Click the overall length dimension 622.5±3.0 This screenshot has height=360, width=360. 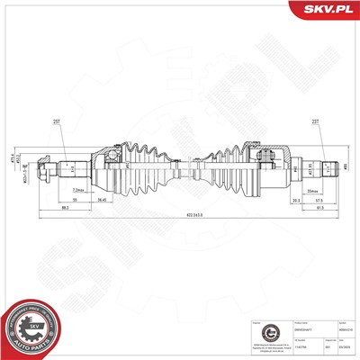tap(188, 216)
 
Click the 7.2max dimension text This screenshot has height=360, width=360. tap(79, 191)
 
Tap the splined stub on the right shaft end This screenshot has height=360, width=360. tap(328, 166)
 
